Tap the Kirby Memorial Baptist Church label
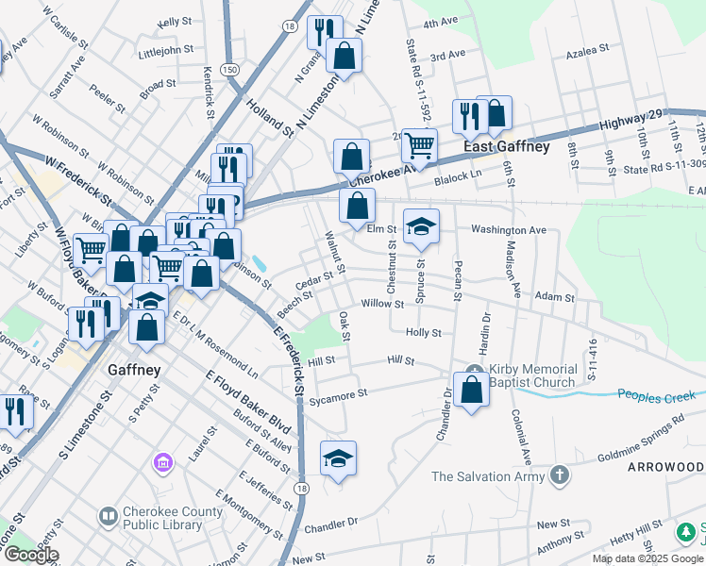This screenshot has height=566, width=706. click(533, 375)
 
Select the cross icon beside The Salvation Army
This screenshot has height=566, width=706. click(560, 475)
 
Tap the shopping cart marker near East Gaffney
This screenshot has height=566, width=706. click(419, 146)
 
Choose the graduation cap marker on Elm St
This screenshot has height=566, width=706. click(421, 226)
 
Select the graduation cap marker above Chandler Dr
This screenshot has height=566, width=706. click(338, 458)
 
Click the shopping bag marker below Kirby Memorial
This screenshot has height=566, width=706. click(471, 390)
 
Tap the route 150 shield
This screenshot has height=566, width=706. click(229, 70)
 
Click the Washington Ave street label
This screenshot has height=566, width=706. click(509, 229)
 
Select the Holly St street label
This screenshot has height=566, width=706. click(423, 333)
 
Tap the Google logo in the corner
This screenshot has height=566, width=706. click(30, 555)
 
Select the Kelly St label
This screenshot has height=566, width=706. click(176, 21)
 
